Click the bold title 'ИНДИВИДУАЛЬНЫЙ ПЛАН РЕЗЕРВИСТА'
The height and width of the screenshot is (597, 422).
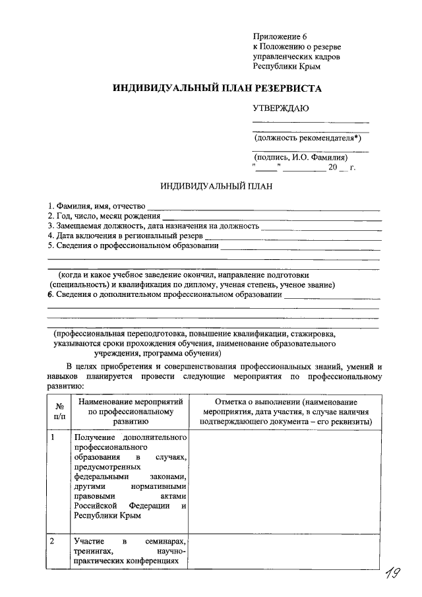[217, 88]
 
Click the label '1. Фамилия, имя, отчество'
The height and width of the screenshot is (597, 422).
[96, 206]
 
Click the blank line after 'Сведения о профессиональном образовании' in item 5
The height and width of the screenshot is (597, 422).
[300, 247]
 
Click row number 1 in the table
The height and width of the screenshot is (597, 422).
[53, 437]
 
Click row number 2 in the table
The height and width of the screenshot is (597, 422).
[53, 541]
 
